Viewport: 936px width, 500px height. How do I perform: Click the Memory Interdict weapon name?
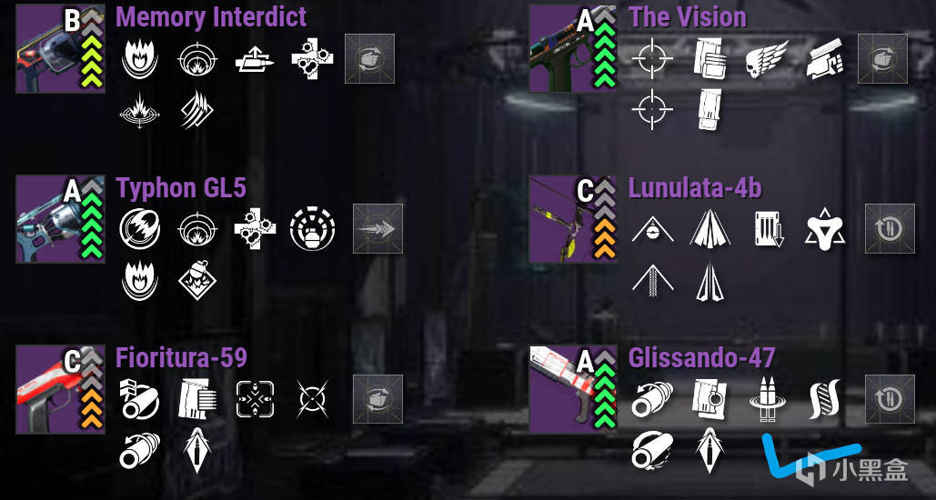(211, 16)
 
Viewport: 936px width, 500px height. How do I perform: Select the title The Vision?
(687, 16)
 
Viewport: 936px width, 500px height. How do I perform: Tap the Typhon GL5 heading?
(181, 188)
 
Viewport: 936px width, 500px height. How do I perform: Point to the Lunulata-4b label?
(694, 188)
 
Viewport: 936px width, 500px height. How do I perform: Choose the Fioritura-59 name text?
(181, 357)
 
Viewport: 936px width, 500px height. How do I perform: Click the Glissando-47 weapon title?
(701, 357)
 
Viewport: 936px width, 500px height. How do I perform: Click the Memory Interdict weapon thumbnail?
(45, 50)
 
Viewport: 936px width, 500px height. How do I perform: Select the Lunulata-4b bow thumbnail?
(557, 220)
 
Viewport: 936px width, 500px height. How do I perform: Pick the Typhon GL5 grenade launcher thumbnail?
(45, 220)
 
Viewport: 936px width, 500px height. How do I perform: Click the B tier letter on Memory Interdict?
(72, 20)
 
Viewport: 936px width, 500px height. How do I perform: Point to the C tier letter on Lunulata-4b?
(586, 191)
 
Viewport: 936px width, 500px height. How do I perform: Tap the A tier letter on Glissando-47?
(586, 362)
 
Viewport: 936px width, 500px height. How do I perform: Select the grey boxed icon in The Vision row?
(882, 59)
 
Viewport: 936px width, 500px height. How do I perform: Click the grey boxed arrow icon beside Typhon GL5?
(377, 229)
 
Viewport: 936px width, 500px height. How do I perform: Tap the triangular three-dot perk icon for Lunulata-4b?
(824, 229)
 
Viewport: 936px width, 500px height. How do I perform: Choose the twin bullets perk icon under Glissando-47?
(767, 399)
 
